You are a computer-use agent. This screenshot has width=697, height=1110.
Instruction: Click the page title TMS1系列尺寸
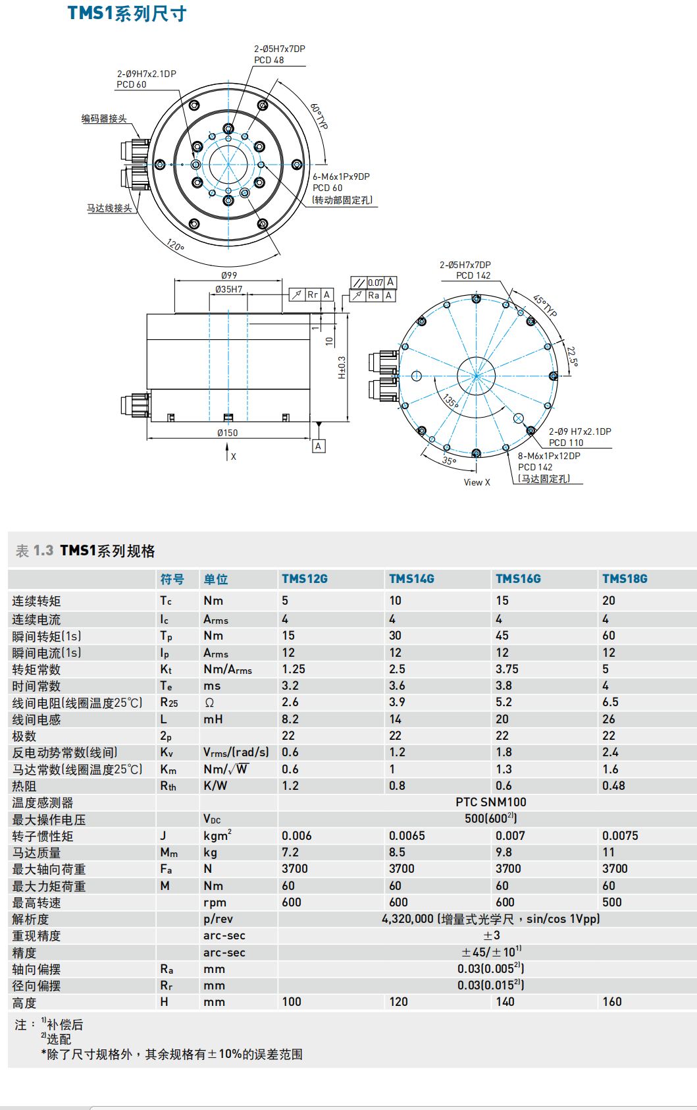click(127, 13)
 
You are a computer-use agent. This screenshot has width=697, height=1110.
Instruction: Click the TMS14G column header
click(411, 578)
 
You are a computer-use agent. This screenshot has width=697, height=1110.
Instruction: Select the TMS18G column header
click(625, 578)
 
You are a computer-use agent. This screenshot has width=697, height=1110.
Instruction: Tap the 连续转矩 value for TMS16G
click(502, 600)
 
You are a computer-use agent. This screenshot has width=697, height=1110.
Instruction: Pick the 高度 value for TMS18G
click(611, 1001)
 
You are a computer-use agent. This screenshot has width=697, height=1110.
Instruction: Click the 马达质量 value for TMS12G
click(290, 852)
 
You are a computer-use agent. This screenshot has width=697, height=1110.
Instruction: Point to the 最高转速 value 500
click(611, 902)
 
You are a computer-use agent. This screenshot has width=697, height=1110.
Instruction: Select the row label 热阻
click(24, 786)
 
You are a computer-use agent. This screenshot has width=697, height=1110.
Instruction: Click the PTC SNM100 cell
click(490, 802)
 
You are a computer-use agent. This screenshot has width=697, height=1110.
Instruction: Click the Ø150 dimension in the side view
click(227, 433)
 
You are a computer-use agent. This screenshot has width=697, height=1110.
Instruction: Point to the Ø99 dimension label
click(229, 275)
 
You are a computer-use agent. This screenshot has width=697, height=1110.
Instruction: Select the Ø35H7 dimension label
click(229, 289)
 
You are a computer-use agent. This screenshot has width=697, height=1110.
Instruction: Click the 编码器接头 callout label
click(104, 119)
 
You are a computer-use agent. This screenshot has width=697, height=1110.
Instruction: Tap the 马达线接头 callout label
click(109, 208)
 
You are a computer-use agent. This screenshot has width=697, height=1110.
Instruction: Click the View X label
click(477, 482)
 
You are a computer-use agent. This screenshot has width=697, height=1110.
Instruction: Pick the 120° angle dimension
click(175, 246)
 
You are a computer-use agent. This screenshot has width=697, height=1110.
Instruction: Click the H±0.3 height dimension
click(342, 368)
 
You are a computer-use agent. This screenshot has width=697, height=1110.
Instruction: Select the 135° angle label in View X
click(450, 401)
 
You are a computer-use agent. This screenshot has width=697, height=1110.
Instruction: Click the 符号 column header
click(172, 579)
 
